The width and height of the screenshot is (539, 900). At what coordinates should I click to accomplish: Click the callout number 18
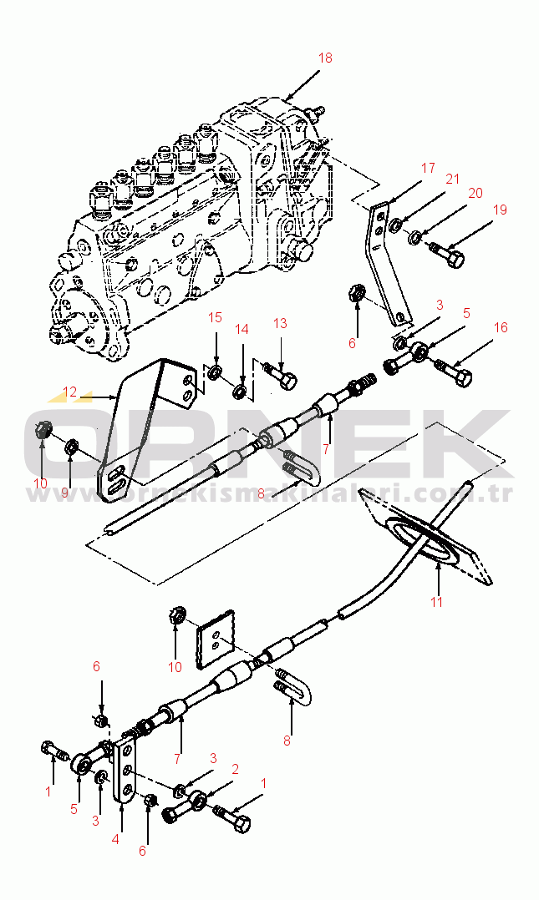tap(325, 58)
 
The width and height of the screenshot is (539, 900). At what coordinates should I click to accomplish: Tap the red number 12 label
tap(69, 392)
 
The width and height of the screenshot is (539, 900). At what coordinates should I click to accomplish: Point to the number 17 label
tap(428, 169)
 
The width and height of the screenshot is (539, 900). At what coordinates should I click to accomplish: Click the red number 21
tap(452, 179)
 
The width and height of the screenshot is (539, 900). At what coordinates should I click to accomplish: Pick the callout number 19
tap(500, 210)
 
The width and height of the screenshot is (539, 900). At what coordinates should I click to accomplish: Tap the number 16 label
tap(500, 328)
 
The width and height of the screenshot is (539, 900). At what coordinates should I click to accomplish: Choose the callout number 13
tap(279, 323)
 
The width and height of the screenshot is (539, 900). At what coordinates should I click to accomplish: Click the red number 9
tap(65, 493)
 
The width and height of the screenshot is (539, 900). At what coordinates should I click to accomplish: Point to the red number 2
tap(235, 768)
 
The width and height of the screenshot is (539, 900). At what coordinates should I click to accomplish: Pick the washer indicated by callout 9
tap(72, 448)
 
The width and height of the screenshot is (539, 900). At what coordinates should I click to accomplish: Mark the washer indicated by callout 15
tap(216, 370)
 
